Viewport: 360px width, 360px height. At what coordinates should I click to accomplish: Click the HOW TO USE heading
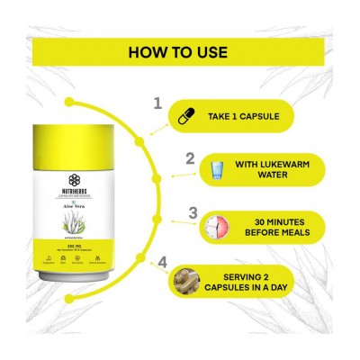[x=180, y=50]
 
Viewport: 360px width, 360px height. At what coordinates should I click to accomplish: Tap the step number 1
[x=158, y=104]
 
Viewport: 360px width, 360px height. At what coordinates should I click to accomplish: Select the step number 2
[x=190, y=158]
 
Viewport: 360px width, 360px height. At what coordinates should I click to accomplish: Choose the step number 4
[x=164, y=263]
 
